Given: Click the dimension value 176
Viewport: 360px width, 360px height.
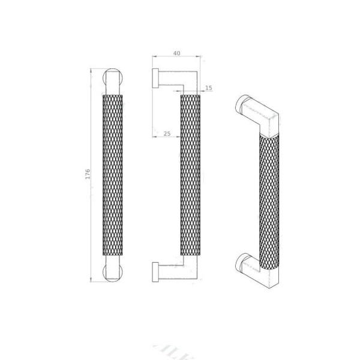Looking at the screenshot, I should point(88,175).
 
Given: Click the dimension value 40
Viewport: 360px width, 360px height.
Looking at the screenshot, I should point(176,53).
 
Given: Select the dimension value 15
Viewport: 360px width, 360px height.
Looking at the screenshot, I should point(208,88).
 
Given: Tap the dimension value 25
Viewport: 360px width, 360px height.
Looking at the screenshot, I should point(167,133).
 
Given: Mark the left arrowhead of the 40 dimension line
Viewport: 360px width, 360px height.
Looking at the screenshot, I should point(155,58).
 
